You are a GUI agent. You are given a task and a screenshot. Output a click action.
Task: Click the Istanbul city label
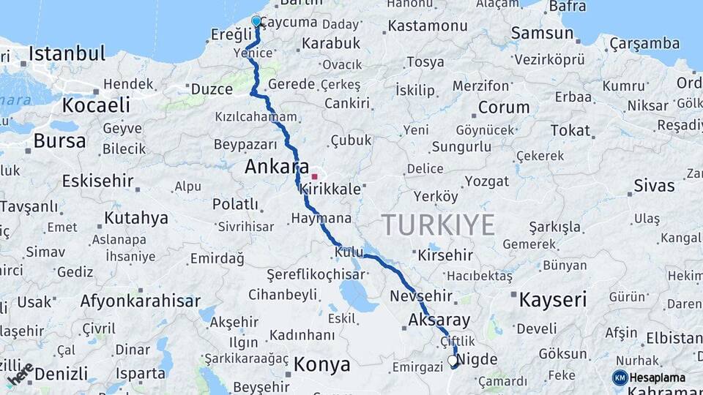click(67, 53)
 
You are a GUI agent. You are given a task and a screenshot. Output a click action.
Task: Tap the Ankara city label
click(277, 167)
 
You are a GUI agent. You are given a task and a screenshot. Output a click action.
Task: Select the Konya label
click(321, 364)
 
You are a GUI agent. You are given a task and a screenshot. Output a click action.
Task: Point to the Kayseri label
click(553, 299)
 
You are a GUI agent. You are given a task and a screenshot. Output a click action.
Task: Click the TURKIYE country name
click(438, 225)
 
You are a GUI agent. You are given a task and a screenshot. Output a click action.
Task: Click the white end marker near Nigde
click(453, 360)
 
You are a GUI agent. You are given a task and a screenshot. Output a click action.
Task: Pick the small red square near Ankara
click(315, 176)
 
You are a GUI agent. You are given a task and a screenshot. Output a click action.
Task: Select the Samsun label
click(542, 32)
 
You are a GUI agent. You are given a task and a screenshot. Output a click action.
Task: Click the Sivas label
click(654, 185)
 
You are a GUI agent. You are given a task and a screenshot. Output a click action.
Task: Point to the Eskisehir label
click(97, 181)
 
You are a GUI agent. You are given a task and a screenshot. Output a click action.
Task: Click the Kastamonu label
click(428, 26)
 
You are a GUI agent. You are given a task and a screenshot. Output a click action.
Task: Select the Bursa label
click(59, 140)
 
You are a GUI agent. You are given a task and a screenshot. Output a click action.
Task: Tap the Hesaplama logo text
click(658, 377)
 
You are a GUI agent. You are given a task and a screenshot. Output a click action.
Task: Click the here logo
click(20, 374)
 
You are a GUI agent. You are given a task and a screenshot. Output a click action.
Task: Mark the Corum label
click(504, 108)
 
